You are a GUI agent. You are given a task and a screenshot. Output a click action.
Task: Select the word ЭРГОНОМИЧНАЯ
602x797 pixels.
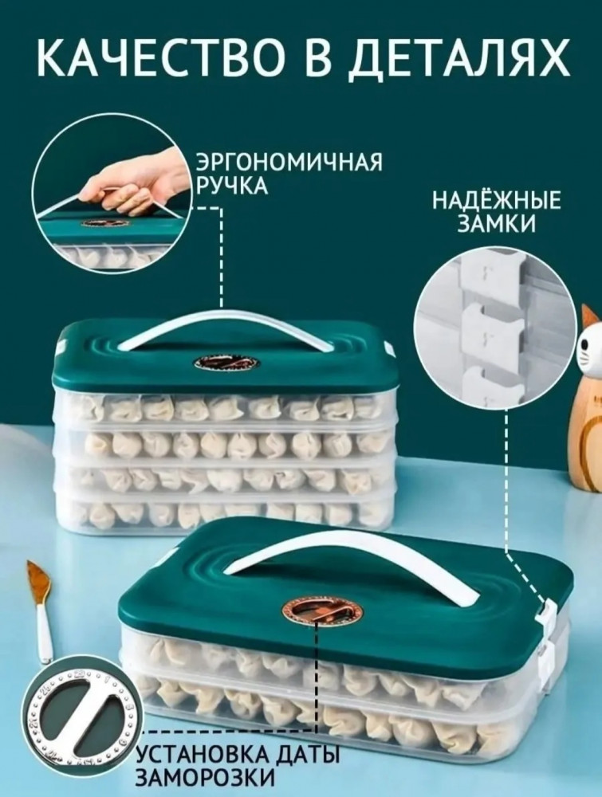pos(289,163)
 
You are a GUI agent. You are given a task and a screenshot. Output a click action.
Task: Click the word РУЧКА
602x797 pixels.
pos(232,186)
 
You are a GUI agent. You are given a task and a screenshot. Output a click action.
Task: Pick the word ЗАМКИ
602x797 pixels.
pos(496,224)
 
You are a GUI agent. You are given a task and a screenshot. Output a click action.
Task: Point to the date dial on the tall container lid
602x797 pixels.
pos(225,364)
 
